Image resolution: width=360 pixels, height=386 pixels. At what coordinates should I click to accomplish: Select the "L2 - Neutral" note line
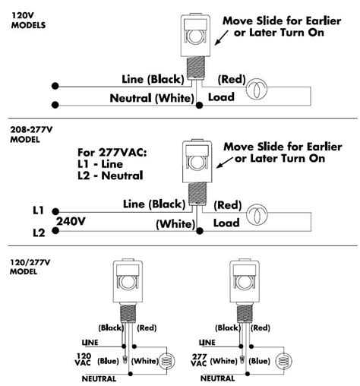(x=107, y=177)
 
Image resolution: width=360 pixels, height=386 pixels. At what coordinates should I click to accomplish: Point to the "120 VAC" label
(x=84, y=361)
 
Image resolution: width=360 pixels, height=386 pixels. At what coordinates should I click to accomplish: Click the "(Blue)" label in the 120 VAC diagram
(x=107, y=361)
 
